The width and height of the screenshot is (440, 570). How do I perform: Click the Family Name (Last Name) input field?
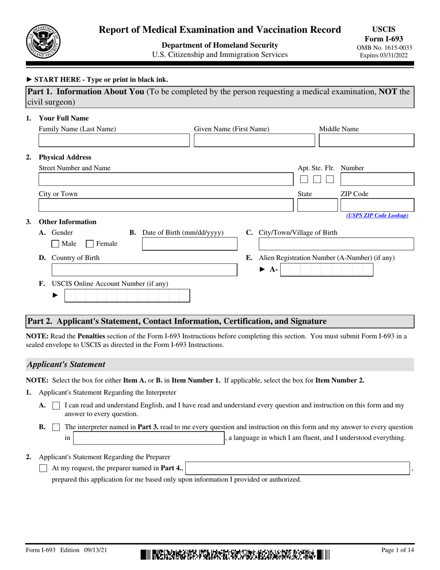[x=114, y=141]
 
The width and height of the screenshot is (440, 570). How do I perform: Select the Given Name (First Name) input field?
[x=254, y=141]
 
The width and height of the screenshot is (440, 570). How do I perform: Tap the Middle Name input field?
[x=366, y=141]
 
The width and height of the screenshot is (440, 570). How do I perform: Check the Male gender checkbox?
[x=55, y=244]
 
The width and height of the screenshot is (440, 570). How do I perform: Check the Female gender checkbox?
[x=90, y=244]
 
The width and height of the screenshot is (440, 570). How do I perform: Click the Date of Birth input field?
[x=189, y=244]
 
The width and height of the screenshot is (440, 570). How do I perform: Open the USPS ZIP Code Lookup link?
[x=377, y=215]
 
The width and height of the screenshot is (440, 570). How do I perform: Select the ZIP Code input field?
[x=377, y=205]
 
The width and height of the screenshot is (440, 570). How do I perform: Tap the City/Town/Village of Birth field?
[x=336, y=244]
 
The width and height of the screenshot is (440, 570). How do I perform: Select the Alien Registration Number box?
[x=327, y=270]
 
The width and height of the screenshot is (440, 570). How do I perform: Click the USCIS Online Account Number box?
[x=127, y=296]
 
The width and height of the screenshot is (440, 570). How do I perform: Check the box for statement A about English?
[x=56, y=405]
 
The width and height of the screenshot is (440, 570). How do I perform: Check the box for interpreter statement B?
[x=56, y=427]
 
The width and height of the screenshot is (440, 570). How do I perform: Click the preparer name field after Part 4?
[x=298, y=469]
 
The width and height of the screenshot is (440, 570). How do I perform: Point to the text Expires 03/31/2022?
[x=386, y=55]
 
